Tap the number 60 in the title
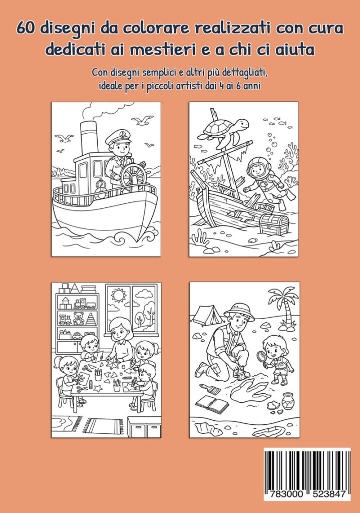[x=26, y=29]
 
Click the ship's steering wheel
[x=133, y=176]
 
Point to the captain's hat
[x=118, y=137]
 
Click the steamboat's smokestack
[x=89, y=137]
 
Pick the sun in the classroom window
[x=118, y=296]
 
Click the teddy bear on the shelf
[x=79, y=318]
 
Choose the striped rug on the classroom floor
[x=103, y=426]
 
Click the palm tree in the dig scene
[x=284, y=308]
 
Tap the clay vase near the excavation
[x=288, y=400]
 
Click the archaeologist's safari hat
[x=239, y=310]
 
